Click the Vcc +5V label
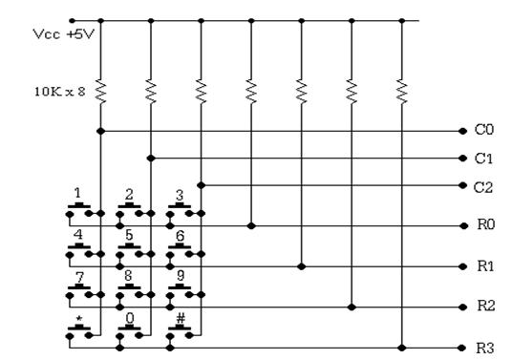[64, 34]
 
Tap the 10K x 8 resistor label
[60, 92]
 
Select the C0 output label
[484, 130]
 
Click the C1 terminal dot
[462, 159]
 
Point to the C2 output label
[483, 188]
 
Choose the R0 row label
[486, 224]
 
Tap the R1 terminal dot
[463, 266]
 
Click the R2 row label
[486, 306]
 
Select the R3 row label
[485, 349]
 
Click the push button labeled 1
[79, 210]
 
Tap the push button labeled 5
[129, 250]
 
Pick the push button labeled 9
[180, 291]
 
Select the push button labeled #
[180, 331]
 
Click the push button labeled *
[79, 331]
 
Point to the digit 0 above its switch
[130, 318]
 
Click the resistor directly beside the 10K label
[100, 92]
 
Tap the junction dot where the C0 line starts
[100, 131]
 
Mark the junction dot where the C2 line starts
[202, 185]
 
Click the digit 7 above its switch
[79, 278]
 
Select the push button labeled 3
[180, 210]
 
